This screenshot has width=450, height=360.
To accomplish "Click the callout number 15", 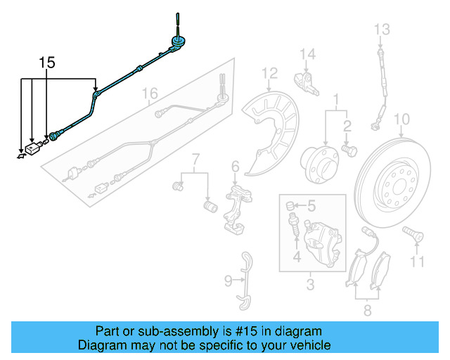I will [x=46, y=63].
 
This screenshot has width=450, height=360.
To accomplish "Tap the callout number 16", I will [x=149, y=93].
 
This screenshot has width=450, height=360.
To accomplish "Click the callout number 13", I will [x=381, y=29].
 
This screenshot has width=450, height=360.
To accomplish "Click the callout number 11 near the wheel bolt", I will [x=418, y=262].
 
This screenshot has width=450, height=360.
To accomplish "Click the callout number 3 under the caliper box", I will [x=309, y=285].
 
